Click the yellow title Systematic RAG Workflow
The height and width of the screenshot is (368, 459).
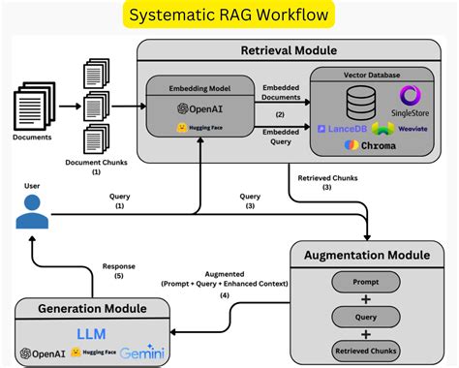click(229, 16)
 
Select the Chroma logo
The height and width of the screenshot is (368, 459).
click(372, 145)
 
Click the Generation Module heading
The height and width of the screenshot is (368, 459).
click(92, 309)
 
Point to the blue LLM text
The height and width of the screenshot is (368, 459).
click(91, 332)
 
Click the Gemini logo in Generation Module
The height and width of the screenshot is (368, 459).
click(142, 353)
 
